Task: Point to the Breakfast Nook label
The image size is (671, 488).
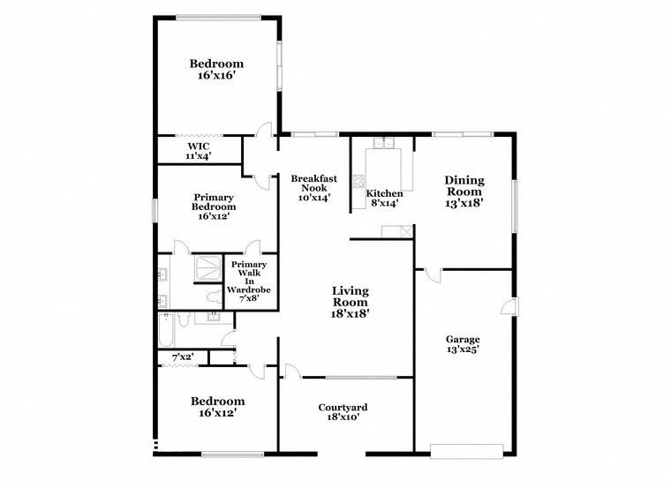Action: click(314, 188)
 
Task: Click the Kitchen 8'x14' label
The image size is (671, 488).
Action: click(384, 198)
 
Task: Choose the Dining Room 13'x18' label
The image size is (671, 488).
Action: click(464, 191)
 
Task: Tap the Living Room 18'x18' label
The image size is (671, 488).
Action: click(350, 301)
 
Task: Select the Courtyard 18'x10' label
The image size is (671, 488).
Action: click(343, 413)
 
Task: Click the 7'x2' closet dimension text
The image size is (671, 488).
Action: click(182, 357)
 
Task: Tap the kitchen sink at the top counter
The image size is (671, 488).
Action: click(383, 142)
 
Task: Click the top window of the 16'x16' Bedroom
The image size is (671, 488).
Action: click(217, 17)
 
